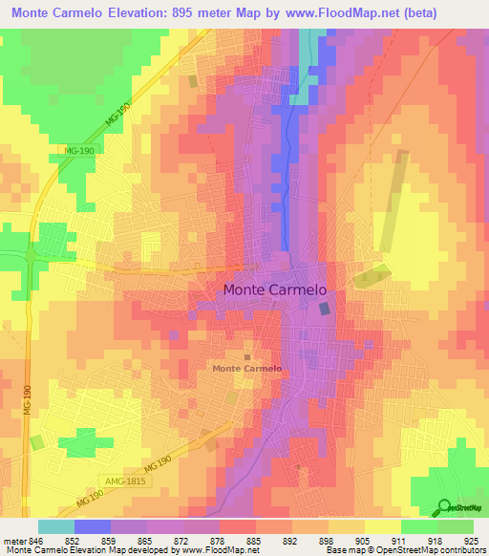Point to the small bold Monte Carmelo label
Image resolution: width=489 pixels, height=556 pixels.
[x=246, y=368]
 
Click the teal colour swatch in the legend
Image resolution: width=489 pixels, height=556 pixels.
[x=55, y=525]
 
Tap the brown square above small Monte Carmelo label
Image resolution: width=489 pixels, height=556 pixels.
[x=246, y=356]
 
